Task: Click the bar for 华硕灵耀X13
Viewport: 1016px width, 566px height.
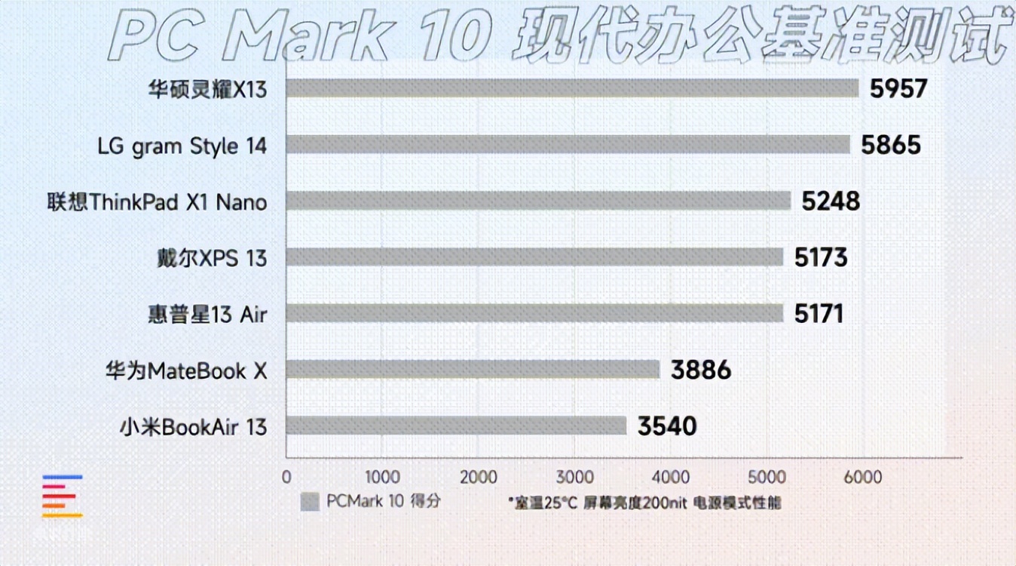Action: pos(572,89)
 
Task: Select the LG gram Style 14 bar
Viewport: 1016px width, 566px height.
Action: pos(568,145)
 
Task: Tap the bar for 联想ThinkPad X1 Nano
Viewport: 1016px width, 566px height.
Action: pos(538,201)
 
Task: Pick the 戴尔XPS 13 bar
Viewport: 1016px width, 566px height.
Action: pos(534,257)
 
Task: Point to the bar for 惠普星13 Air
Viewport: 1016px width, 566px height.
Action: pos(534,313)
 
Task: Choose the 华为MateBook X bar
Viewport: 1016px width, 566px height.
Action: pos(473,370)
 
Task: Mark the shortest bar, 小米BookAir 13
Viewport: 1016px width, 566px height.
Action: pos(456,426)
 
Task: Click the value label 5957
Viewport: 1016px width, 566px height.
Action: pos(898,89)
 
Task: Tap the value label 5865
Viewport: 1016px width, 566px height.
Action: pos(891,145)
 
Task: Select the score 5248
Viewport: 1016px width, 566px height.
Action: pos(831,201)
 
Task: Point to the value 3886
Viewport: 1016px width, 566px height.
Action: pos(701,370)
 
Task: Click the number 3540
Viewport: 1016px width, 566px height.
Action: pos(667,426)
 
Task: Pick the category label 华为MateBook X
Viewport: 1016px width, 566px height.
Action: pos(186,371)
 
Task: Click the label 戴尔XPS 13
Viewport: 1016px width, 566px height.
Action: pos(212,258)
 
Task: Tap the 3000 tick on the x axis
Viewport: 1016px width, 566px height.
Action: pos(574,478)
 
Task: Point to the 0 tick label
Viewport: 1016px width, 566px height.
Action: pos(286,478)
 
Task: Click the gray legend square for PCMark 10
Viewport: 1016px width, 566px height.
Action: pos(309,502)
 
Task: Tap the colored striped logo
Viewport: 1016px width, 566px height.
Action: pos(63,496)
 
